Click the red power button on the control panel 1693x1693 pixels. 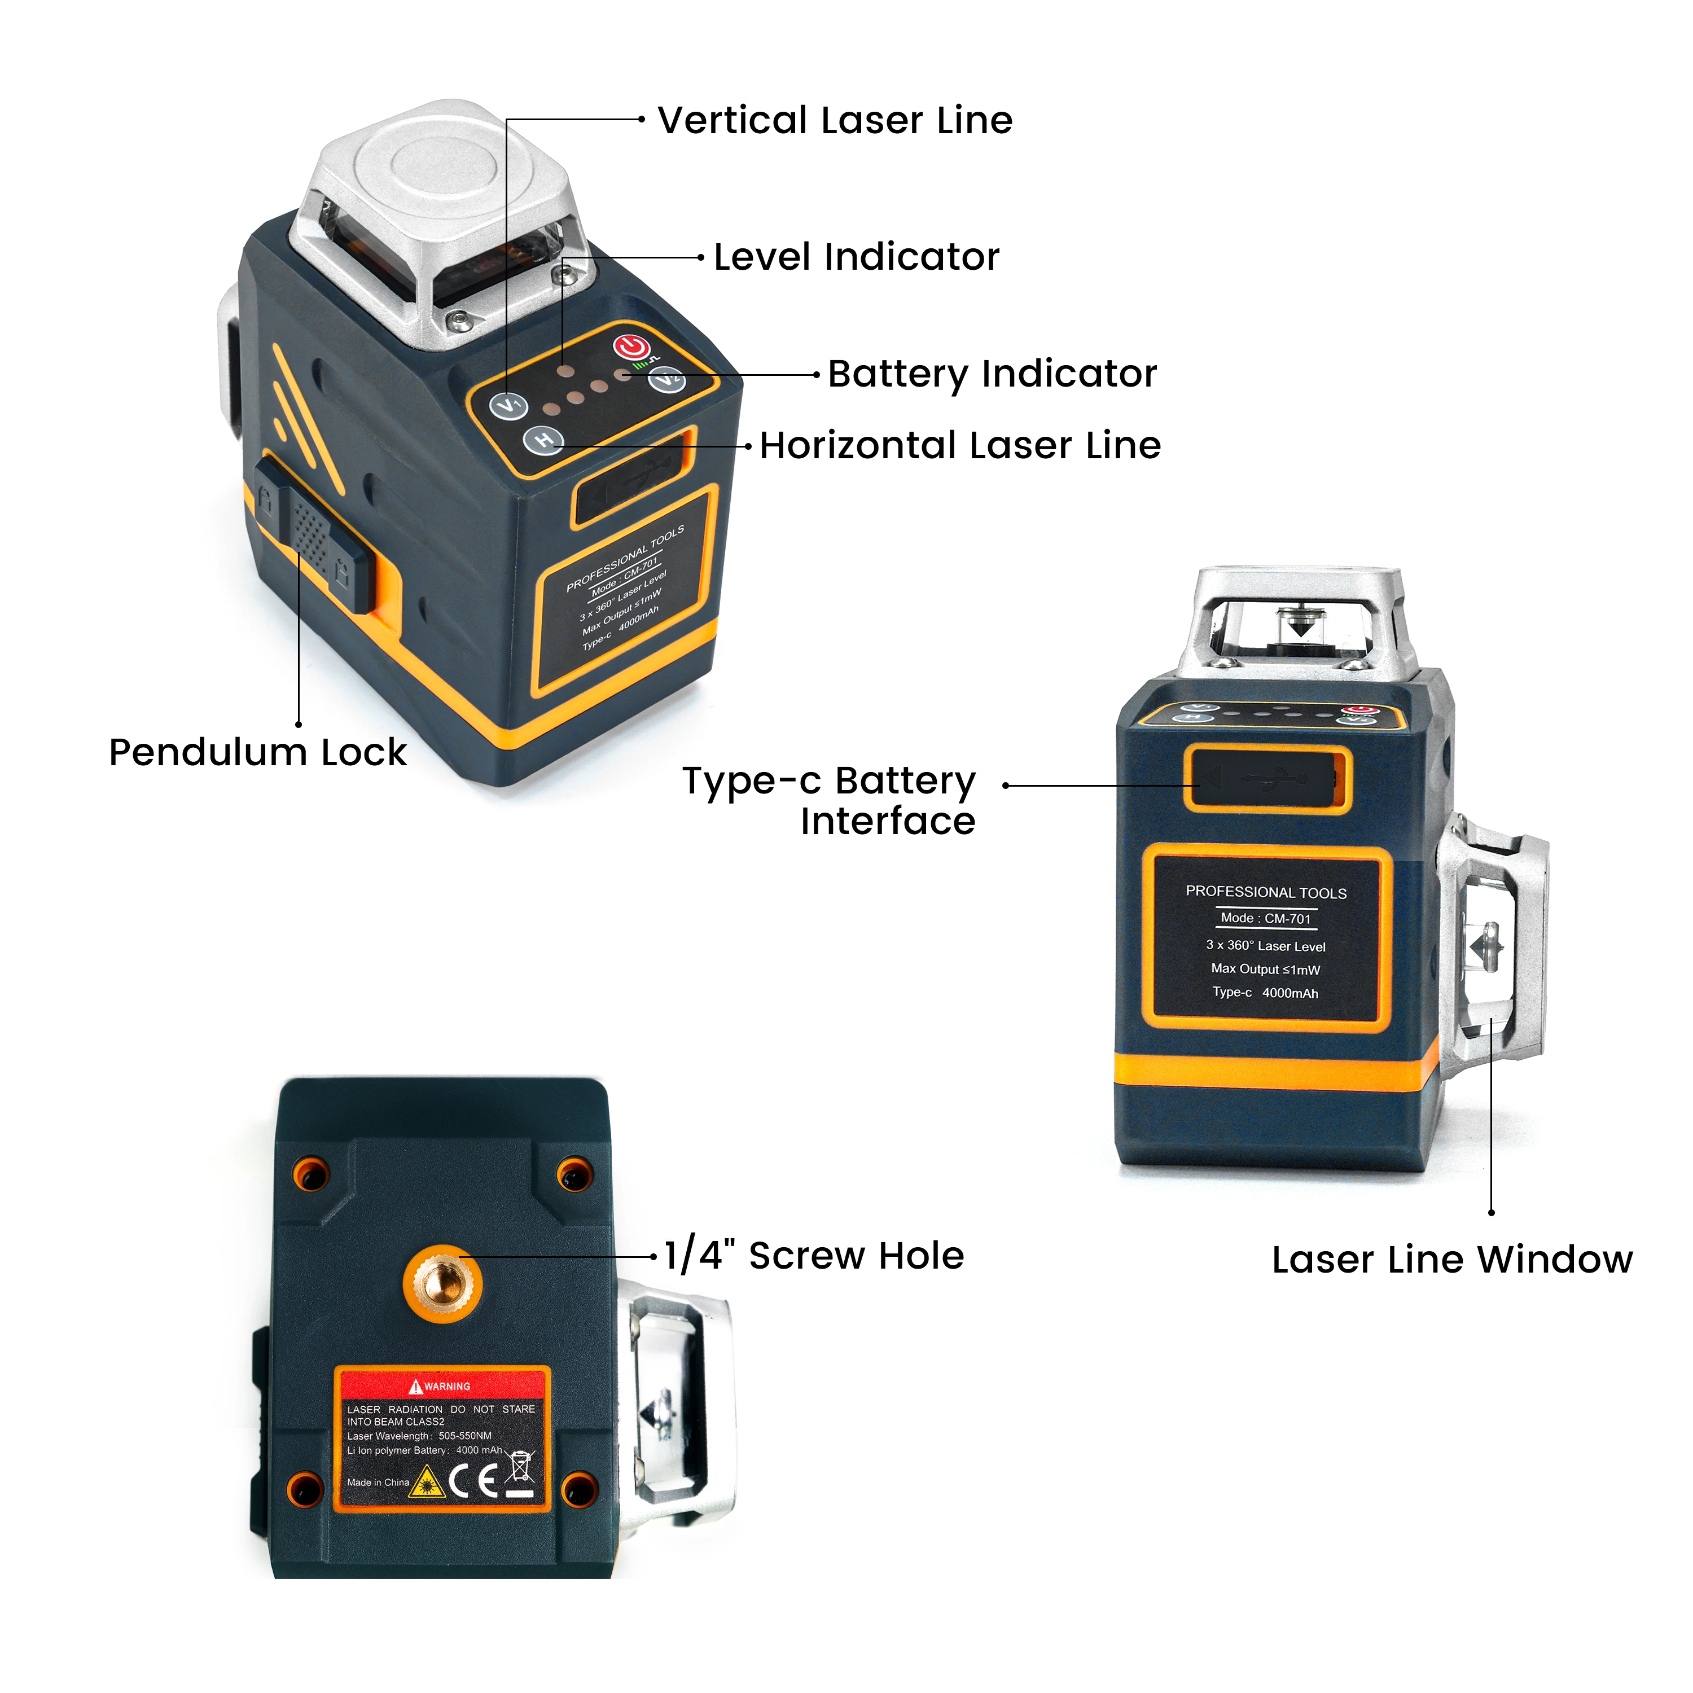[x=631, y=348]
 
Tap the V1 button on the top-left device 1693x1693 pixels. [x=509, y=406]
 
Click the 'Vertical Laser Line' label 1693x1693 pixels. [x=834, y=120]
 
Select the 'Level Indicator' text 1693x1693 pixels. [x=856, y=257]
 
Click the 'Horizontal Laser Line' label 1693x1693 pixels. [x=959, y=446]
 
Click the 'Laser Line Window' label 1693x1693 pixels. [x=1452, y=1260]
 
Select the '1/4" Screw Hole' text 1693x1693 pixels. [x=813, y=1256]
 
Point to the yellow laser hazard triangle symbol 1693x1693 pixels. [x=427, y=1483]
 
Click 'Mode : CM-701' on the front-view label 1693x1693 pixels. [x=1265, y=918]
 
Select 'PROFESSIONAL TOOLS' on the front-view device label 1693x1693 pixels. [x=1265, y=892]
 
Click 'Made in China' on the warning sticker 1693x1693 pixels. [x=378, y=1483]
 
